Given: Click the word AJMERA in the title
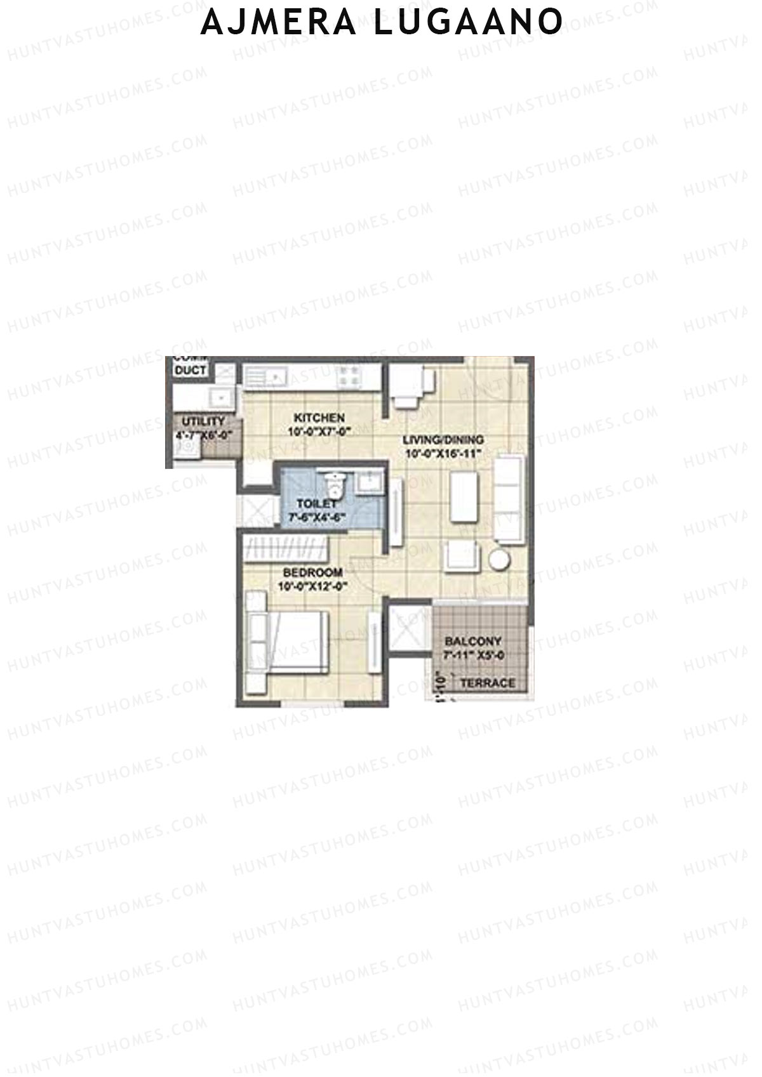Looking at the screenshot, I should (279, 23).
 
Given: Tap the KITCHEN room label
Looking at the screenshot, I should (319, 418).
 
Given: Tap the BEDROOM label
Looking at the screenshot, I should (313, 572).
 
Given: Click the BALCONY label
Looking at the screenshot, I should (473, 642).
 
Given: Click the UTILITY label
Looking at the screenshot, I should (203, 421).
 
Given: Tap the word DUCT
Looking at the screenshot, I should (190, 370).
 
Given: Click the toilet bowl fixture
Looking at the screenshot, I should (333, 487).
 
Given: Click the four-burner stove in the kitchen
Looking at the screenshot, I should (349, 375).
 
